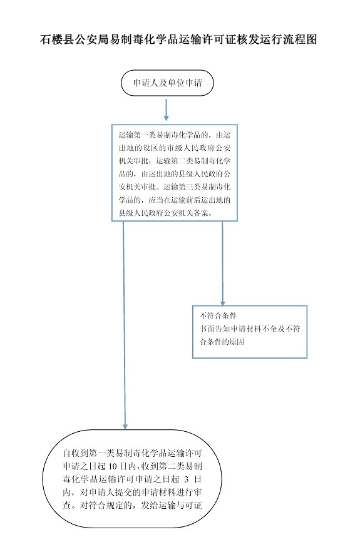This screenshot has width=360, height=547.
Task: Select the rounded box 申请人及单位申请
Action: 167,83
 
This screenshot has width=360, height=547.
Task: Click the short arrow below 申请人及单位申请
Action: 166,110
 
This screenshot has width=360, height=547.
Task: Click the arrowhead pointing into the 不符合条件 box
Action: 222,304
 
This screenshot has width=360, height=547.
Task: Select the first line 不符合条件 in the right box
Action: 218,316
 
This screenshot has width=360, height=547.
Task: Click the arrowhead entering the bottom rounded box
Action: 125,426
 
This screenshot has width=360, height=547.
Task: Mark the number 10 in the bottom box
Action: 112,466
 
